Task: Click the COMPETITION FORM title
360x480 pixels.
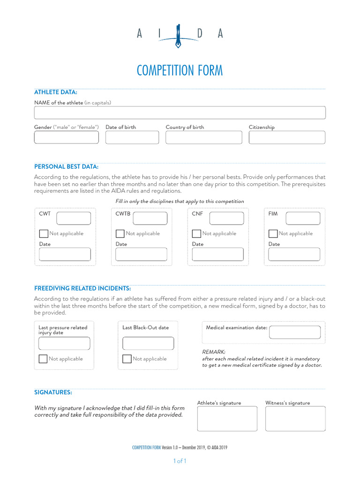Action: coord(180,71)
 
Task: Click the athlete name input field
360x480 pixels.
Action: coord(180,112)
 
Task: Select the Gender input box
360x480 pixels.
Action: coord(66,137)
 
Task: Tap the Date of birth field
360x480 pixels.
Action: coord(132,137)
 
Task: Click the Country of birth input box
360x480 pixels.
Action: coord(204,137)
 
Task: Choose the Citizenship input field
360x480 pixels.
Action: coord(287,137)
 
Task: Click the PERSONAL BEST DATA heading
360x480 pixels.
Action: coord(66,166)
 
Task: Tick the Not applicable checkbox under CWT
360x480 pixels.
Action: coord(44,233)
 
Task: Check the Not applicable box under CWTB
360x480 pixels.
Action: coord(120,233)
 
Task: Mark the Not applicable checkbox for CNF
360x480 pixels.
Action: coord(196,233)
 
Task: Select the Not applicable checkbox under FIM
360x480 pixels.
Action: coord(273,233)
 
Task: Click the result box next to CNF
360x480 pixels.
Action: coord(226,218)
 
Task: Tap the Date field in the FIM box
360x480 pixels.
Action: coord(294,255)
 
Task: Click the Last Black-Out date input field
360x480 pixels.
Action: coord(148,344)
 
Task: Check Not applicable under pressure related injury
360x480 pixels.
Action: coord(43,359)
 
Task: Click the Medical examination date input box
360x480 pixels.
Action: coord(295,332)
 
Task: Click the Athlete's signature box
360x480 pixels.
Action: coord(227,419)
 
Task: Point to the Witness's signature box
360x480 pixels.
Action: coord(295,419)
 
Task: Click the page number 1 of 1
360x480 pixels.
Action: coord(180,461)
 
